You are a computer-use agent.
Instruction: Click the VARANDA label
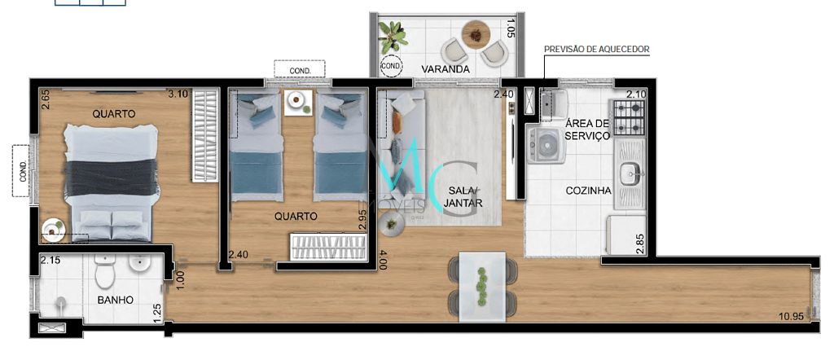(446, 69)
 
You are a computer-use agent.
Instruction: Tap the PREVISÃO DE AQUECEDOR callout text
(597, 50)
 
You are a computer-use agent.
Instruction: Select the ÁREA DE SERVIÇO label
(587, 130)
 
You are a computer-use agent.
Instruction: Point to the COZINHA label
(588, 191)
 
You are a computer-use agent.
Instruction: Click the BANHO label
(115, 300)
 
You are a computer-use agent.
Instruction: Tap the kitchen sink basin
(630, 173)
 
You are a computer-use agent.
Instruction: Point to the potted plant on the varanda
(393, 37)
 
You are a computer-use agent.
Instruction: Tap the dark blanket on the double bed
(112, 178)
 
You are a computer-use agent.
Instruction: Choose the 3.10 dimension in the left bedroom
(178, 94)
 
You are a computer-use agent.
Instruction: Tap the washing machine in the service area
(543, 145)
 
